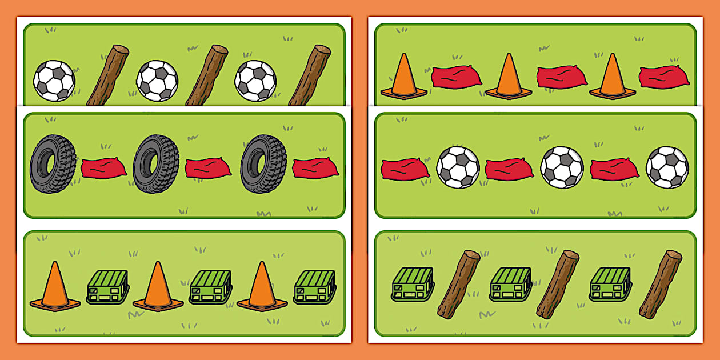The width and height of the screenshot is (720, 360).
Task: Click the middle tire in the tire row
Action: click(157, 164)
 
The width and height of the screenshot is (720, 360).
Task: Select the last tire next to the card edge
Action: click(263, 164)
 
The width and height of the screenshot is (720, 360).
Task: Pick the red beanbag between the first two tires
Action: click(103, 169)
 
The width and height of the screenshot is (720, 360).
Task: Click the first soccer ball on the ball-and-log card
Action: click(54, 81)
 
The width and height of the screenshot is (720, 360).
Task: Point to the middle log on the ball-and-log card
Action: click(207, 75)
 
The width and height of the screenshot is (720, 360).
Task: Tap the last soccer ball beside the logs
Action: click(256, 81)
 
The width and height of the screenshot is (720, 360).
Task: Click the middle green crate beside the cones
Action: click(210, 287)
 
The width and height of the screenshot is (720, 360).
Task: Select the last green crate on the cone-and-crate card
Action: click(314, 287)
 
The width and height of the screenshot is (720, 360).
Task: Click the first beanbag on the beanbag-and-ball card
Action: click(405, 169)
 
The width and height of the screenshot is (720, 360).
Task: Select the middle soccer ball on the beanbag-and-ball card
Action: click(562, 167)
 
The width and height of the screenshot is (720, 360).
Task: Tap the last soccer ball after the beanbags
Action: click(667, 167)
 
